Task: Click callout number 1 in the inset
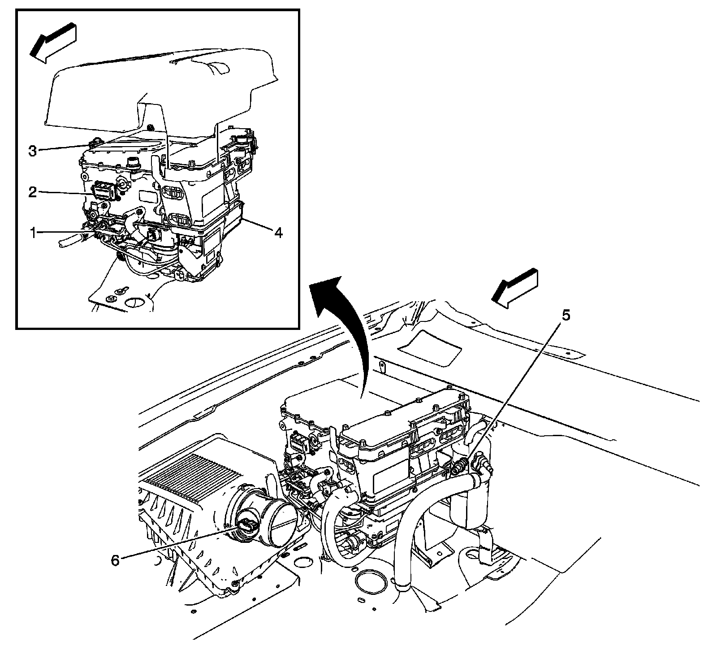coord(33,232)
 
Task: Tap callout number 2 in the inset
coord(33,192)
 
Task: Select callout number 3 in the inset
coord(33,151)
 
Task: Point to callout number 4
coord(279,233)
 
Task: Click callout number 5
coord(566,316)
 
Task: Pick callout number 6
coord(115,560)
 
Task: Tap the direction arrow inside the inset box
coord(53,41)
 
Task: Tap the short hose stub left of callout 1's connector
coord(69,241)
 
